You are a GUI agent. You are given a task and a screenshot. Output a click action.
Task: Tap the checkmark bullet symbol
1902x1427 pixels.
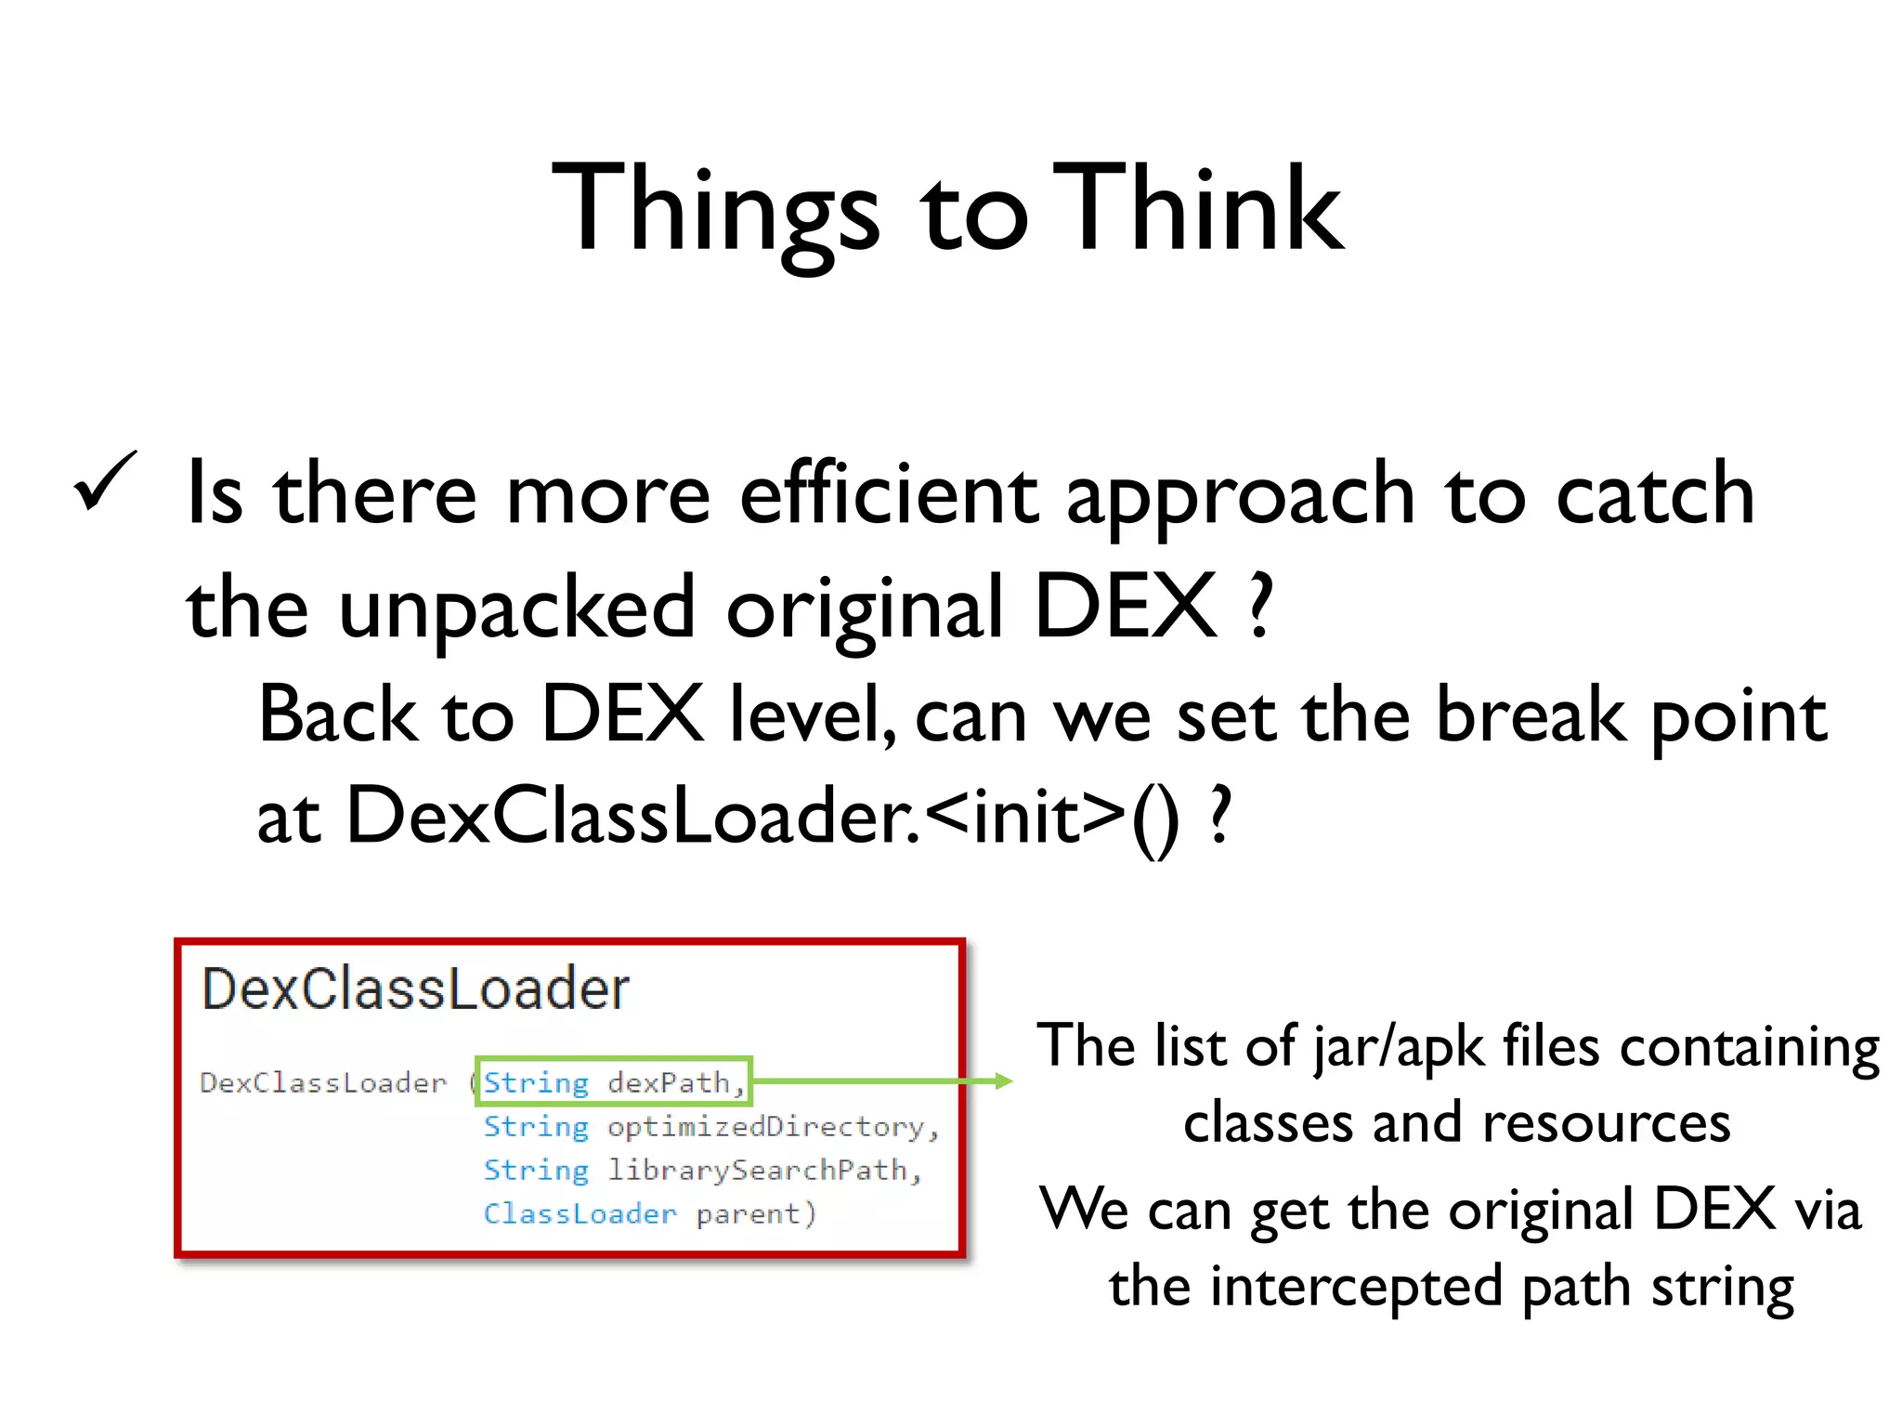pyautogui.click(x=105, y=481)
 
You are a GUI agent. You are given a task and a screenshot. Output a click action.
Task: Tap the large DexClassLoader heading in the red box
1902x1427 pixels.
pyautogui.click(x=415, y=988)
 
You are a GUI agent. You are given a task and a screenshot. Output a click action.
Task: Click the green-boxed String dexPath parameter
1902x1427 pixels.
pyautogui.click(x=613, y=1082)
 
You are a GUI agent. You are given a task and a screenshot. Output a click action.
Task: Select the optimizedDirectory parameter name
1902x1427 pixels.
pyautogui.click(x=773, y=1127)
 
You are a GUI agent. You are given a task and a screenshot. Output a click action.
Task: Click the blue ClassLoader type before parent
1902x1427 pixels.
pyautogui.click(x=580, y=1214)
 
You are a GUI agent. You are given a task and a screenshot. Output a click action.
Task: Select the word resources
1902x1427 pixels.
pyautogui.click(x=1606, y=1122)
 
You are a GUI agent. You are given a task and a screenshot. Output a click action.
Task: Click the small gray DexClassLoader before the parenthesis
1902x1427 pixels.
pyautogui.click(x=322, y=1083)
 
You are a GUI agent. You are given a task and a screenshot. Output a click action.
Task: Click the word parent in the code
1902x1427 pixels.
pyautogui.click(x=748, y=1214)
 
